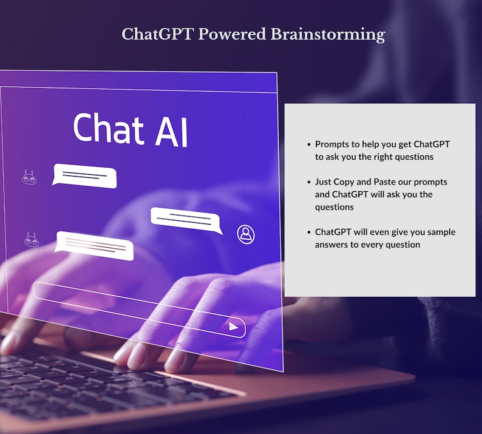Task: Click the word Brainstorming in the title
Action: tap(327, 34)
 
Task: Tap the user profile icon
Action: tap(246, 234)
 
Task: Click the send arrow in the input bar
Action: tap(234, 327)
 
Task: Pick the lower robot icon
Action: tap(31, 240)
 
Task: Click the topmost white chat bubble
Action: tap(84, 176)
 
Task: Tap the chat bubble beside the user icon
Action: tap(185, 220)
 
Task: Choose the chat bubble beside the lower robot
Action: tap(95, 246)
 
